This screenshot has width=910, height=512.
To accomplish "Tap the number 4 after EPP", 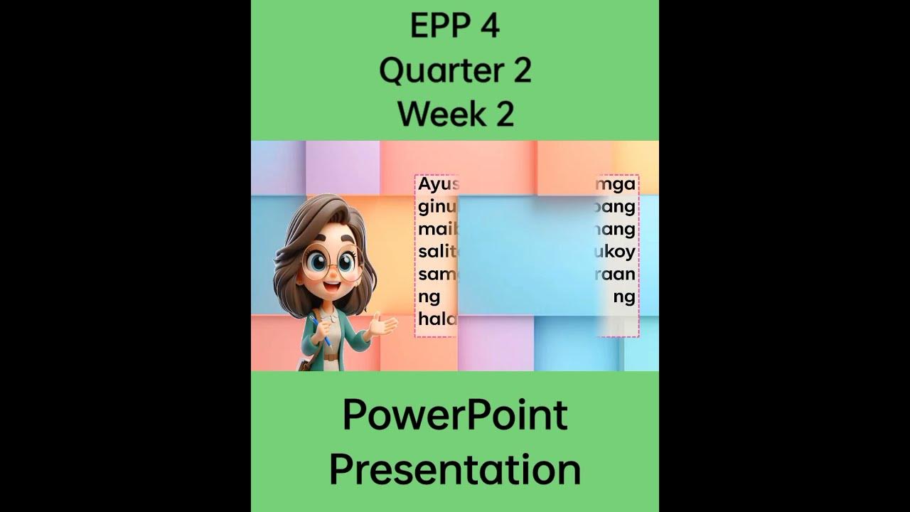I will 491,27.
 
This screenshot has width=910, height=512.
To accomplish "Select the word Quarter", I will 438,70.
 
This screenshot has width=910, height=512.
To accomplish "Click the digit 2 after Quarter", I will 520,70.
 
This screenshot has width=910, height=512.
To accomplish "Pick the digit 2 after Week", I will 504,114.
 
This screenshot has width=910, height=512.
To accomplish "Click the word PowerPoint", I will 455,416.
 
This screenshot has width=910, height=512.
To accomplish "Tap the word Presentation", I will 455,470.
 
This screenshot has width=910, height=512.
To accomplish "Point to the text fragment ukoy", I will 617,252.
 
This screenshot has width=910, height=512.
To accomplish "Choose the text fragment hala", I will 437,319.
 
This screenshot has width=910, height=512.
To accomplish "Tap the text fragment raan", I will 616,274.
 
